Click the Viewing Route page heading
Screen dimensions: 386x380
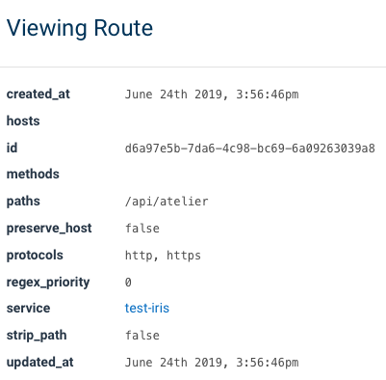pyautogui.click(x=80, y=28)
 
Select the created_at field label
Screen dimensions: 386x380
pyautogui.click(x=39, y=95)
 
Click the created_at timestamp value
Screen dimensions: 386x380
pyautogui.click(x=212, y=95)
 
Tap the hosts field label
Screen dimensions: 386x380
pyautogui.click(x=24, y=122)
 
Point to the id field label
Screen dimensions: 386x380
pyautogui.click(x=13, y=149)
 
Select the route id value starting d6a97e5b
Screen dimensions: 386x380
pyautogui.click(x=250, y=149)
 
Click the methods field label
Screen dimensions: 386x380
pyautogui.click(x=33, y=175)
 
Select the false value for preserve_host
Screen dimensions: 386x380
pyautogui.click(x=142, y=229)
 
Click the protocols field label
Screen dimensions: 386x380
pyautogui.click(x=35, y=256)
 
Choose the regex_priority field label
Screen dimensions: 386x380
pyautogui.click(x=48, y=282)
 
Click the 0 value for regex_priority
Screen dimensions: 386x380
pyautogui.click(x=129, y=282)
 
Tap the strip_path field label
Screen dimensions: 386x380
pyautogui.click(x=37, y=336)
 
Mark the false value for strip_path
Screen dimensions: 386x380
pyautogui.click(x=142, y=336)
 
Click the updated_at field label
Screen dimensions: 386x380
pyautogui.click(x=39, y=362)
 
